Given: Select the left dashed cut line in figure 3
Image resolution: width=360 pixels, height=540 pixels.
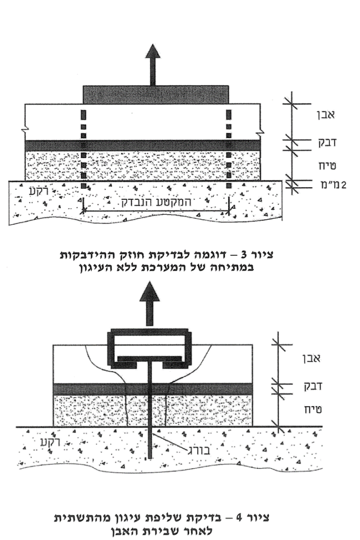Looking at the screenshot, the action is tap(83, 149).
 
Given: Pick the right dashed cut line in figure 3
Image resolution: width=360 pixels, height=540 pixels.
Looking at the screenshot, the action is tap(229, 149).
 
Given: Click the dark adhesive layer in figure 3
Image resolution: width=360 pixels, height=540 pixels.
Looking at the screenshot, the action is tap(142, 145).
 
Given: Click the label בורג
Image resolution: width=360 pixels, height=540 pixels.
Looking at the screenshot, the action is tap(199, 450).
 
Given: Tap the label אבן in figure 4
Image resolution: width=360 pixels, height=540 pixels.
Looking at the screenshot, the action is tap(311, 359).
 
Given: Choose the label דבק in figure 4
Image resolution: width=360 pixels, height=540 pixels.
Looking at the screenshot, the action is tap(312, 386).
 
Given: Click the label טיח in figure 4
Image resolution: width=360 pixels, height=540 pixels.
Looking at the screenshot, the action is tap(312, 409).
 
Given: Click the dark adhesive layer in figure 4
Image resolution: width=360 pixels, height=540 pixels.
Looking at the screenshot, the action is tap(153, 389).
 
